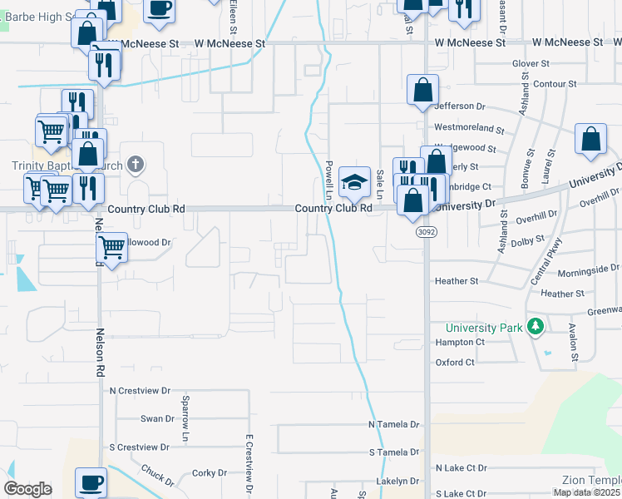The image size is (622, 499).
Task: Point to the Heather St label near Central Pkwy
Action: (556, 294)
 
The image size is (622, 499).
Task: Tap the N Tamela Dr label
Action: (394, 424)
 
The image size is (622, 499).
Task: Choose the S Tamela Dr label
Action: (394, 452)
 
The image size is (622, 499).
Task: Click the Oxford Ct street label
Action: (455, 362)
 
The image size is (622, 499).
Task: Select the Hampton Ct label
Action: (460, 342)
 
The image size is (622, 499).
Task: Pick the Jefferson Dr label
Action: (459, 106)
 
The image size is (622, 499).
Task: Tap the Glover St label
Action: (531, 63)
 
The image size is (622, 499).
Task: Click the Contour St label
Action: (555, 84)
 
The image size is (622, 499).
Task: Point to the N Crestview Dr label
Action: (140, 390)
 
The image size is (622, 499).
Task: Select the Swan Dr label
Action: (156, 418)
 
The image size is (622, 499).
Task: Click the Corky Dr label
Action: (204, 472)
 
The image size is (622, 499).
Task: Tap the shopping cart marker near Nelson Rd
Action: (111, 246)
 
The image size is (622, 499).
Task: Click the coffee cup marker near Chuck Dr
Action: (91, 482)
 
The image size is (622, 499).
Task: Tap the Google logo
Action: (28, 489)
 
